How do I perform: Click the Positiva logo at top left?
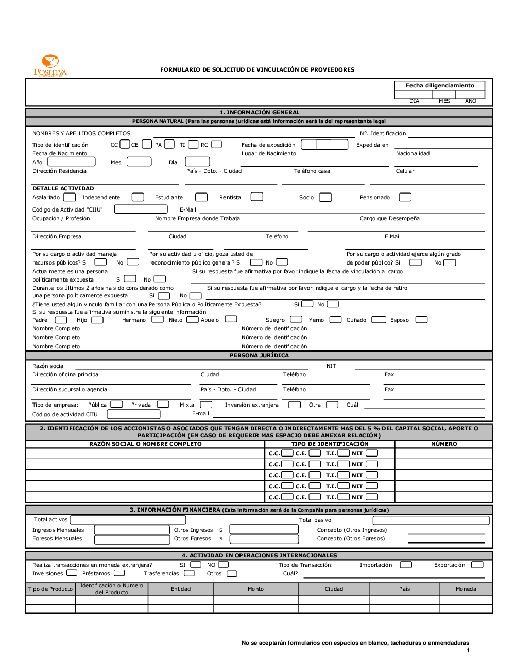[50, 65]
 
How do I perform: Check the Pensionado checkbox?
[405, 197]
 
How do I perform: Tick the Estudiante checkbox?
[201, 197]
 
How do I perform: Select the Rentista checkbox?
[256, 197]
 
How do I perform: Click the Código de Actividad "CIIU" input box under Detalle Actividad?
[141, 209]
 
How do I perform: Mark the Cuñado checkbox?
[379, 320]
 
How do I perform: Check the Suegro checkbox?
[296, 319]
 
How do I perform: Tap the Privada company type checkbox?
[163, 405]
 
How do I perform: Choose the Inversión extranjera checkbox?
[295, 405]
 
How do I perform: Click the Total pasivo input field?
[431, 520]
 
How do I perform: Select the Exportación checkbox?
[477, 565]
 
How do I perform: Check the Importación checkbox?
[406, 565]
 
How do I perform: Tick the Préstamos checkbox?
[119, 573]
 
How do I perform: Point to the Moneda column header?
[466, 589]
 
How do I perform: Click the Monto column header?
[255, 589]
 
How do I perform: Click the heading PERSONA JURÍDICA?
[259, 355]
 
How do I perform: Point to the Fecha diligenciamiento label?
[440, 85]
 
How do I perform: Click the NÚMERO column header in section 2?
[444, 444]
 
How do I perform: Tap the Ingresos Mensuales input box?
[132, 530]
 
